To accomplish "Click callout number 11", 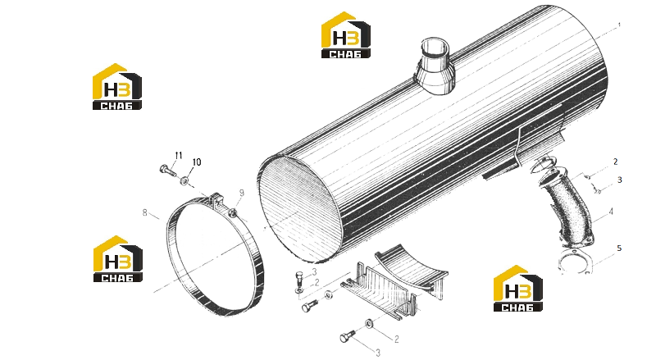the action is [x=179, y=156].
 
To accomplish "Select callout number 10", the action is [x=197, y=162].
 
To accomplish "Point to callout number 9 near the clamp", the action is [x=242, y=193].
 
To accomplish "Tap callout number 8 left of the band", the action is [x=145, y=212].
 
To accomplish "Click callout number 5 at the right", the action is [x=619, y=248].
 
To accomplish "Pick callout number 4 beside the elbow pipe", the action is [x=611, y=212].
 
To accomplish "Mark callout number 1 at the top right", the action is [x=619, y=25].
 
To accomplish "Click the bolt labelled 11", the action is [x=168, y=170].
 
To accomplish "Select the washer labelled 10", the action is [x=184, y=181].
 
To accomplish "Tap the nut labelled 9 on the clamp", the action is [x=233, y=214].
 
